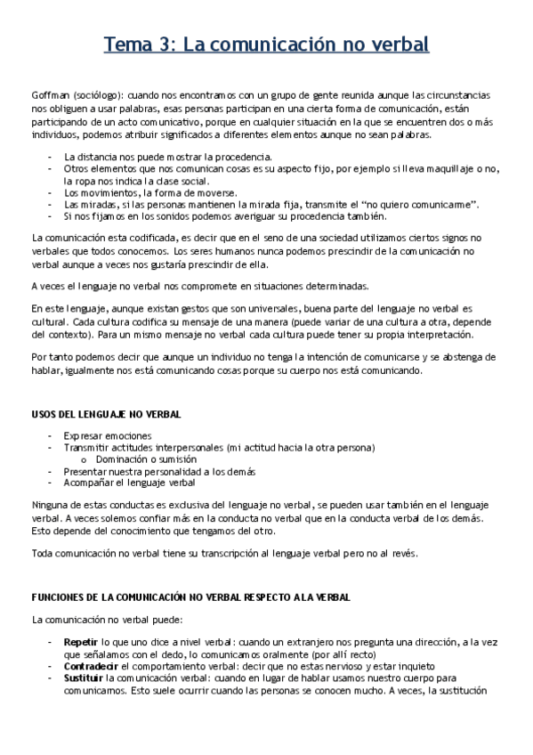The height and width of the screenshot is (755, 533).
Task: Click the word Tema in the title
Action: coord(128,44)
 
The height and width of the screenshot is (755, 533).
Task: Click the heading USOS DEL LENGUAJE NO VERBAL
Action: coord(106,414)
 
